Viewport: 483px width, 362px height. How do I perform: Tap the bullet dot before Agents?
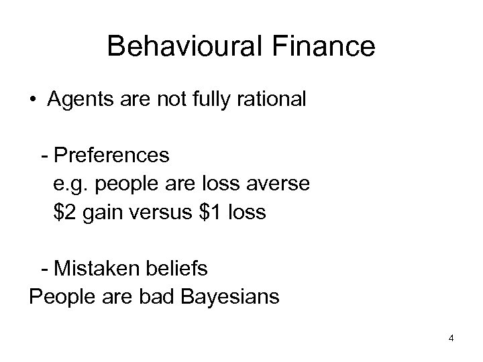33,101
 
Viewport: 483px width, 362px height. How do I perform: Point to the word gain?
105,213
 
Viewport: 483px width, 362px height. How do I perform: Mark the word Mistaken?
98,269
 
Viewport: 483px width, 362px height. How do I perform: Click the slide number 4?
451,338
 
